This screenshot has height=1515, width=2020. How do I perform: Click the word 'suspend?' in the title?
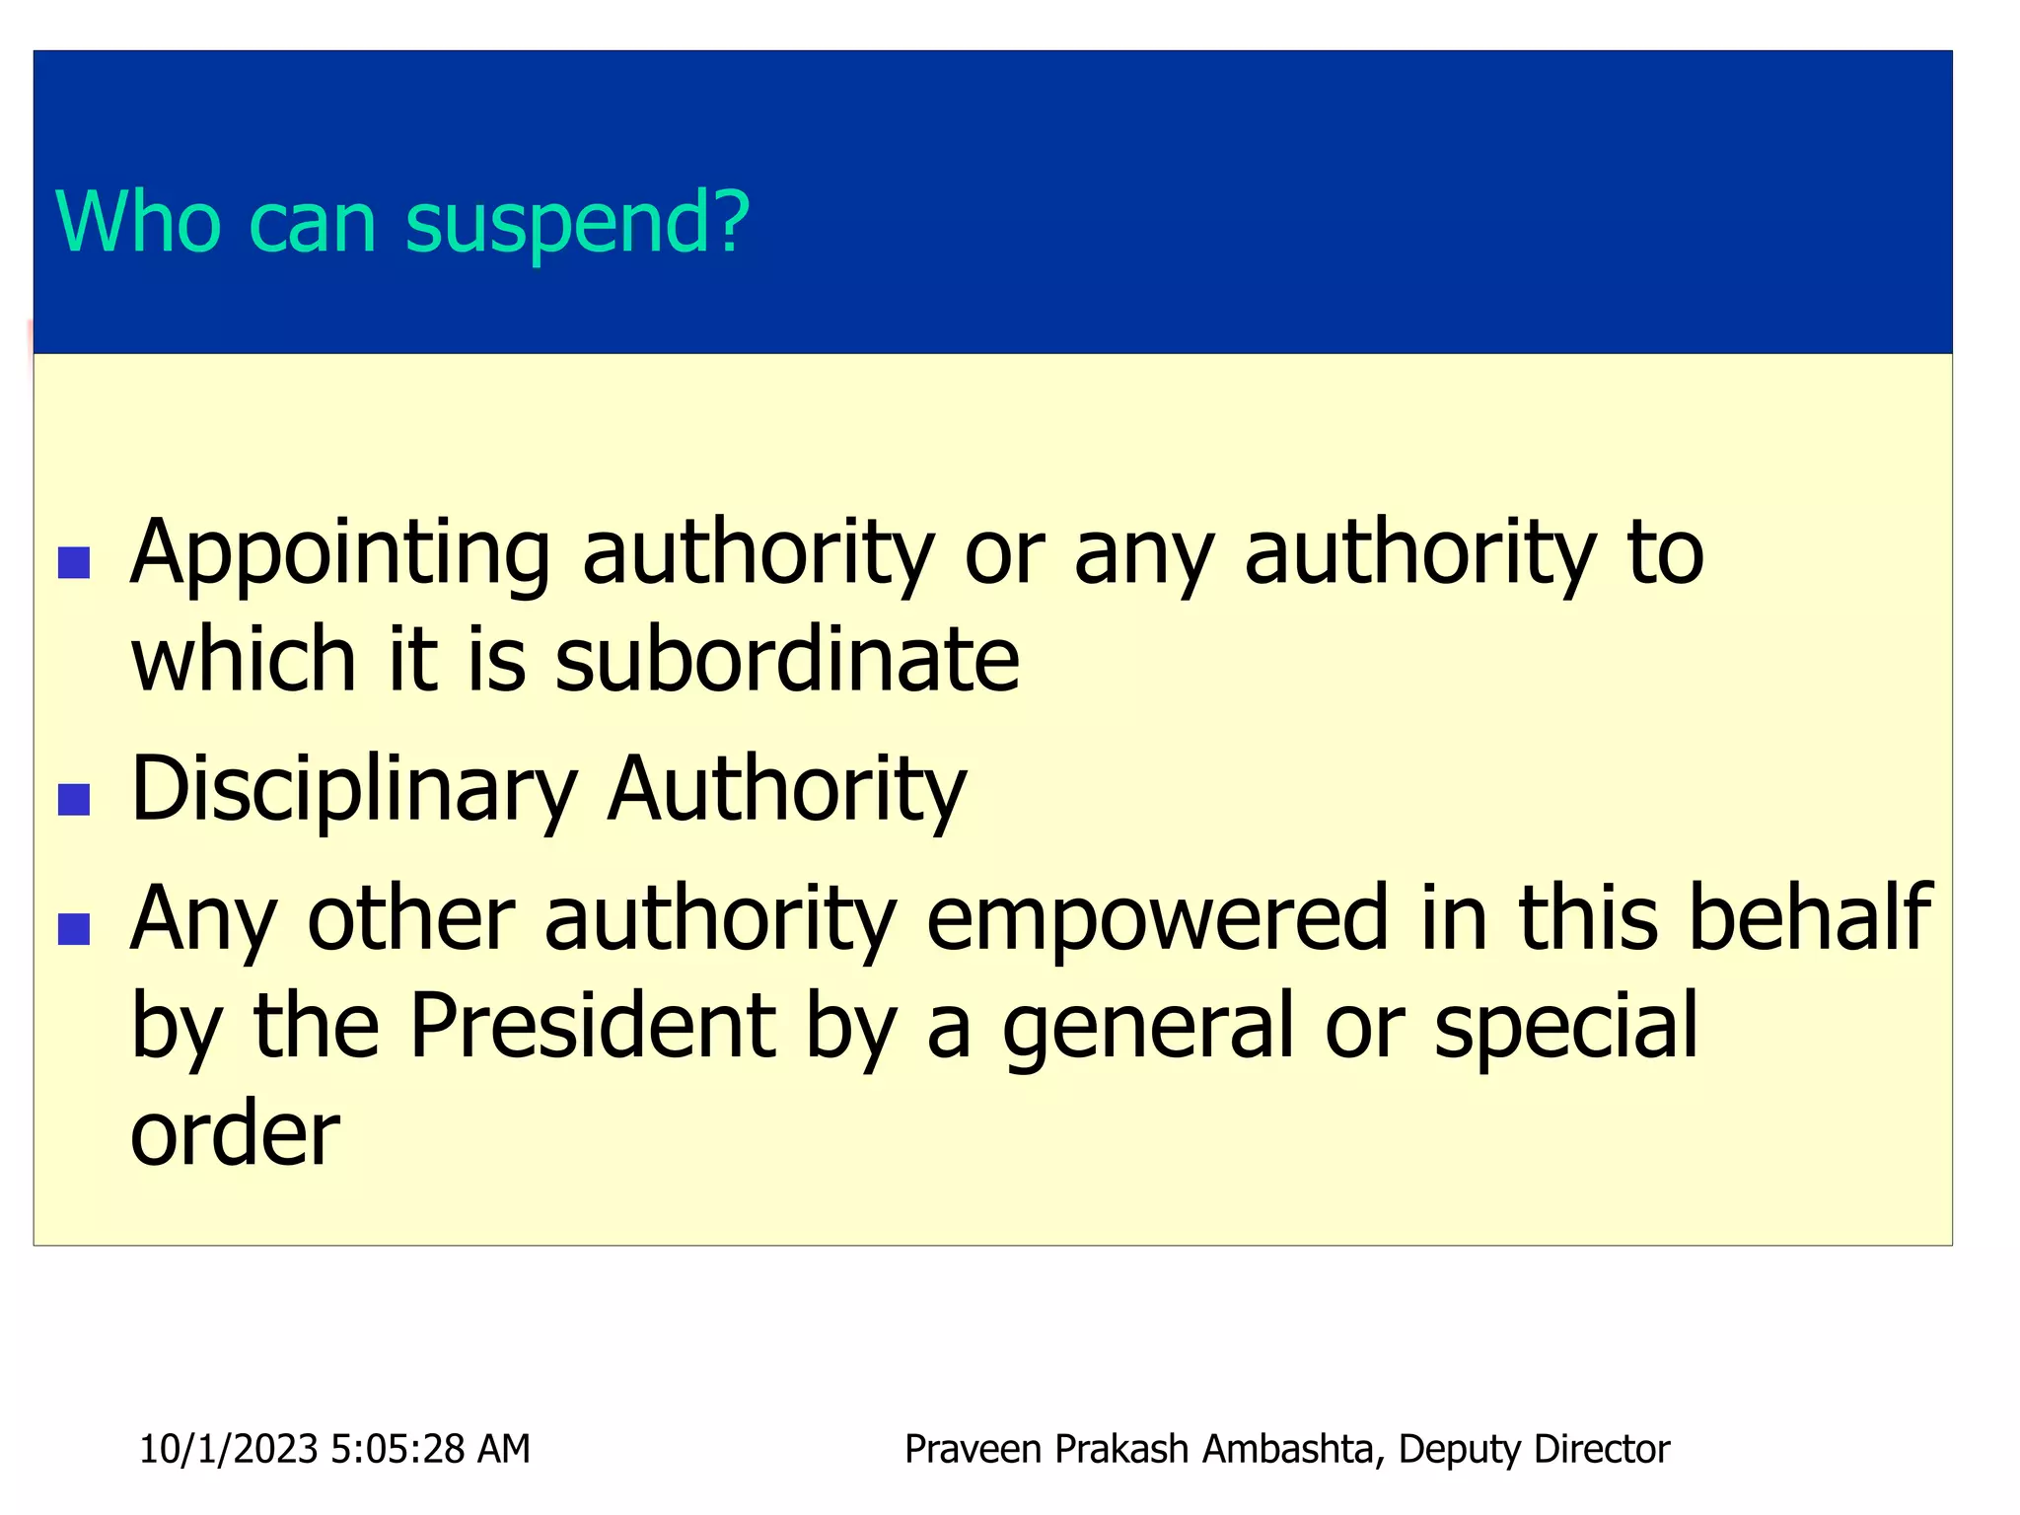tap(577, 225)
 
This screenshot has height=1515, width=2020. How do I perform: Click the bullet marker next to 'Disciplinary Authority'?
tap(74, 799)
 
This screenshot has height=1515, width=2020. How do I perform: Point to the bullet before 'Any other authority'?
tap(74, 928)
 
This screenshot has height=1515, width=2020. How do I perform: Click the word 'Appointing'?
tap(339, 554)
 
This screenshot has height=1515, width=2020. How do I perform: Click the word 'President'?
tap(592, 1026)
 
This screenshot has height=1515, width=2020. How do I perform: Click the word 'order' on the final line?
tap(235, 1134)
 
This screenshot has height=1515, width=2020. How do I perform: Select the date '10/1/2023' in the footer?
tap(229, 1449)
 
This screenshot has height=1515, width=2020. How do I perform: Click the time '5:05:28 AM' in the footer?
tap(430, 1449)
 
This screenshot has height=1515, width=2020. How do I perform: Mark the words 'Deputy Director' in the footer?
tap(1534, 1449)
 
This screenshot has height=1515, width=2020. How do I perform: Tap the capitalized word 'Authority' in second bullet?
tap(786, 789)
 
